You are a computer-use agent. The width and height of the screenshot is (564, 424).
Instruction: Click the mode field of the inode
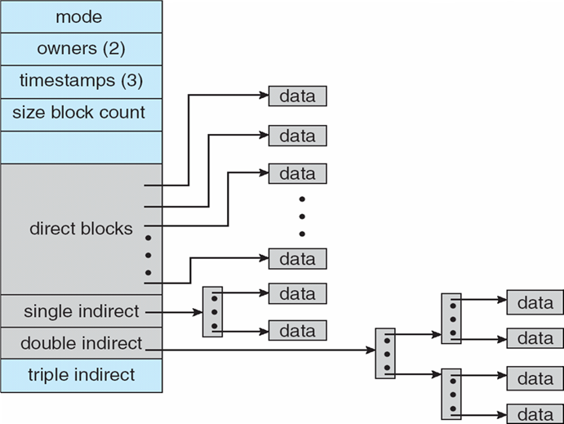82,16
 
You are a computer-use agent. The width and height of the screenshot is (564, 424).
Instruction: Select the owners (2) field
82,49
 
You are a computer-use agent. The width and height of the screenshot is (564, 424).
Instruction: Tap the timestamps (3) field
82,82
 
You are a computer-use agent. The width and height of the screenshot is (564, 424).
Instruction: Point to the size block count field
82,114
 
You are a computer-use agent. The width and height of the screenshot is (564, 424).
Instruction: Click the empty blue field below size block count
82,147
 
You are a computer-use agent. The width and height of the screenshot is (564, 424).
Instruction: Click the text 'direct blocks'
81,229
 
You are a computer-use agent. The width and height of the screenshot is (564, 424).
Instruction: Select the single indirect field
82,311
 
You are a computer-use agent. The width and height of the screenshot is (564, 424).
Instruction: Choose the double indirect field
82,343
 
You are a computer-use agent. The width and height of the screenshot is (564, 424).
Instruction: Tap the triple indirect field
82,376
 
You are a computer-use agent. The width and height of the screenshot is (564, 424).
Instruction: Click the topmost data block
297,96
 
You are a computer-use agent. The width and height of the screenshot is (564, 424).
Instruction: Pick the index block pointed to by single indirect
212,312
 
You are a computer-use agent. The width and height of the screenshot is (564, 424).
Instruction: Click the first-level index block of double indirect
385,353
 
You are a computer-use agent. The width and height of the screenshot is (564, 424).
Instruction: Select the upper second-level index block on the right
451,318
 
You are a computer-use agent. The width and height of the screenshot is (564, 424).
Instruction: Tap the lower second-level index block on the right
451,394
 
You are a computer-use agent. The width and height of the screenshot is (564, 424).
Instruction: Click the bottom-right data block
535,414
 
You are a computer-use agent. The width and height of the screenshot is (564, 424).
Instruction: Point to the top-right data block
535,302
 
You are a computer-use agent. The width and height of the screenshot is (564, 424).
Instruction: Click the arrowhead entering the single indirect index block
198,312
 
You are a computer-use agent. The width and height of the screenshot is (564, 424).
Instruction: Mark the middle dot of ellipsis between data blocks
302,216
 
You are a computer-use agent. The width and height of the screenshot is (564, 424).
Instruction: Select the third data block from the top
297,173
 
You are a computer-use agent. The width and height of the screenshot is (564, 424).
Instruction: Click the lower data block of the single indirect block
297,330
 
